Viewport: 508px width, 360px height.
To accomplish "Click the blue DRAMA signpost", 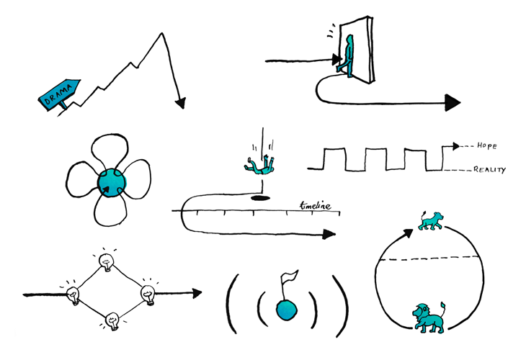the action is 59,94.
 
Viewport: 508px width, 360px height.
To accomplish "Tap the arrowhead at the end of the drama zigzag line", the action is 180,103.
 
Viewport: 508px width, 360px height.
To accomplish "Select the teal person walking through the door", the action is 346,56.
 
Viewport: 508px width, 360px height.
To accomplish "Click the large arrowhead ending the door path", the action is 453,103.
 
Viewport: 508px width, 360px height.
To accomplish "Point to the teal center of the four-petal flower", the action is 112,183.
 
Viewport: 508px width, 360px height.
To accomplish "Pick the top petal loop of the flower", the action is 110,150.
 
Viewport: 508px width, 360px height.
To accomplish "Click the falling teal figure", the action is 259,165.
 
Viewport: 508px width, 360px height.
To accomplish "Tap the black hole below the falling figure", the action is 260,198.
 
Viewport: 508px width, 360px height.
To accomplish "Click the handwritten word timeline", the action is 315,206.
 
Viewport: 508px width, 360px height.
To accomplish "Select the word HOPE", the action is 487,146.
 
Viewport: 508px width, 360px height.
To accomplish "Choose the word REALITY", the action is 489,170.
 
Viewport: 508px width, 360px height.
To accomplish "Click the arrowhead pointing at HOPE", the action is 456,146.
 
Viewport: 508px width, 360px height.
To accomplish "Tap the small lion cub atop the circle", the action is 431,221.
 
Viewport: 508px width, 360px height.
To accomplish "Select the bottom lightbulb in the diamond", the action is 112,321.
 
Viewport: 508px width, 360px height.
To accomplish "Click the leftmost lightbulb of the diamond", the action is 73,296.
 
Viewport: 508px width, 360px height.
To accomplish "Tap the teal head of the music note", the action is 286,310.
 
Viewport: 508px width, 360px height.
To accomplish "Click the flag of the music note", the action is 289,276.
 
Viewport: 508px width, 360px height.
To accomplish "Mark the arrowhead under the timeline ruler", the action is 329,234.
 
